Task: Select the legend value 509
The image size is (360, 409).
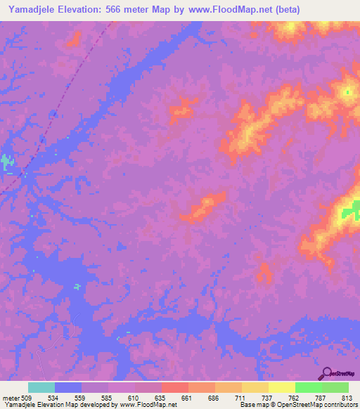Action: pyautogui.click(x=27, y=398)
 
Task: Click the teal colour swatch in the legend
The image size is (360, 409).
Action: pyautogui.click(x=41, y=387)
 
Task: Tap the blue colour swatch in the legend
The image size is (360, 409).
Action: pyautogui.click(x=68, y=387)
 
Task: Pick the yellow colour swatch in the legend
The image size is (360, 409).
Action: pyautogui.click(x=282, y=387)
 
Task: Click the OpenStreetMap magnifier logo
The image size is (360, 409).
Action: pyautogui.click(x=326, y=373)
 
